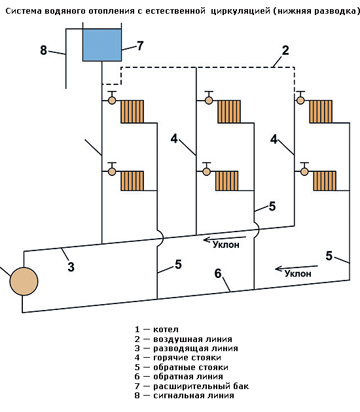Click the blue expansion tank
click(102, 45)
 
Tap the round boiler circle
click(24, 281)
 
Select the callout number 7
click(140, 46)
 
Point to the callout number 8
click(44, 50)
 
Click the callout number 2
click(285, 50)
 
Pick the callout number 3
click(71, 267)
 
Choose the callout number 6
click(218, 273)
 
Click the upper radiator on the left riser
click(132, 111)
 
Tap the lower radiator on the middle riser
click(227, 180)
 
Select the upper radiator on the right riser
click(321, 111)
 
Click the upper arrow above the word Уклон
click(225, 239)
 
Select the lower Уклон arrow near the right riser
click(297, 268)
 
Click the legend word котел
click(166, 330)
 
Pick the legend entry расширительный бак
click(201, 386)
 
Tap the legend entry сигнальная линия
click(194, 396)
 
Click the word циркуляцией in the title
click(241, 11)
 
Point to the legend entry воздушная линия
click(192, 339)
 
